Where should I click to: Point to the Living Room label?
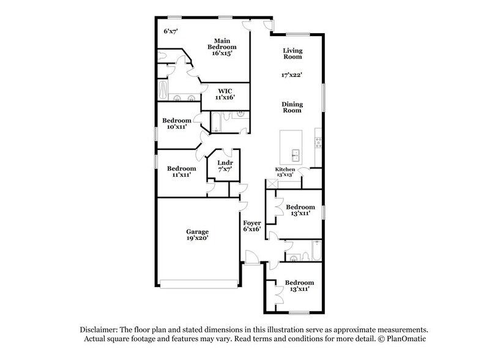(x=292, y=53)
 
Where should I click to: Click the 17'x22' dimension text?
(x=292, y=75)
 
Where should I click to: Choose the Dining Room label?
(x=292, y=107)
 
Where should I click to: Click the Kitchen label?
(x=285, y=169)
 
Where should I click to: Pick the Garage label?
(x=198, y=232)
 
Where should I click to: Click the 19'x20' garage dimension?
(x=198, y=239)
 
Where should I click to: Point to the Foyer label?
(x=252, y=223)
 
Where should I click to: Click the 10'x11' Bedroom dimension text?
(x=175, y=127)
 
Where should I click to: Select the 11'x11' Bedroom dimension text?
(x=182, y=175)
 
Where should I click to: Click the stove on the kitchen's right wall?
(x=318, y=143)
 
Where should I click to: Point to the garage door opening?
(x=198, y=283)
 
